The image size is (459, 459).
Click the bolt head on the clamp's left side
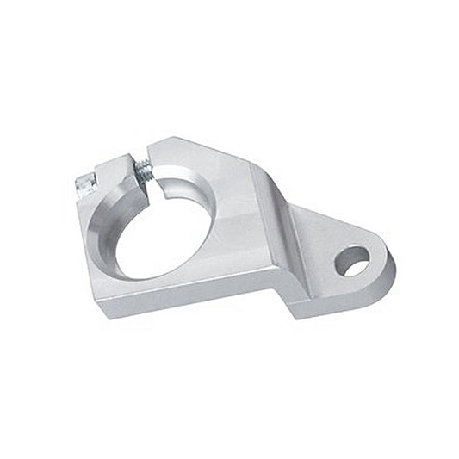point(85,183)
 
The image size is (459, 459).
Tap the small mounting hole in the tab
point(351,259)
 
